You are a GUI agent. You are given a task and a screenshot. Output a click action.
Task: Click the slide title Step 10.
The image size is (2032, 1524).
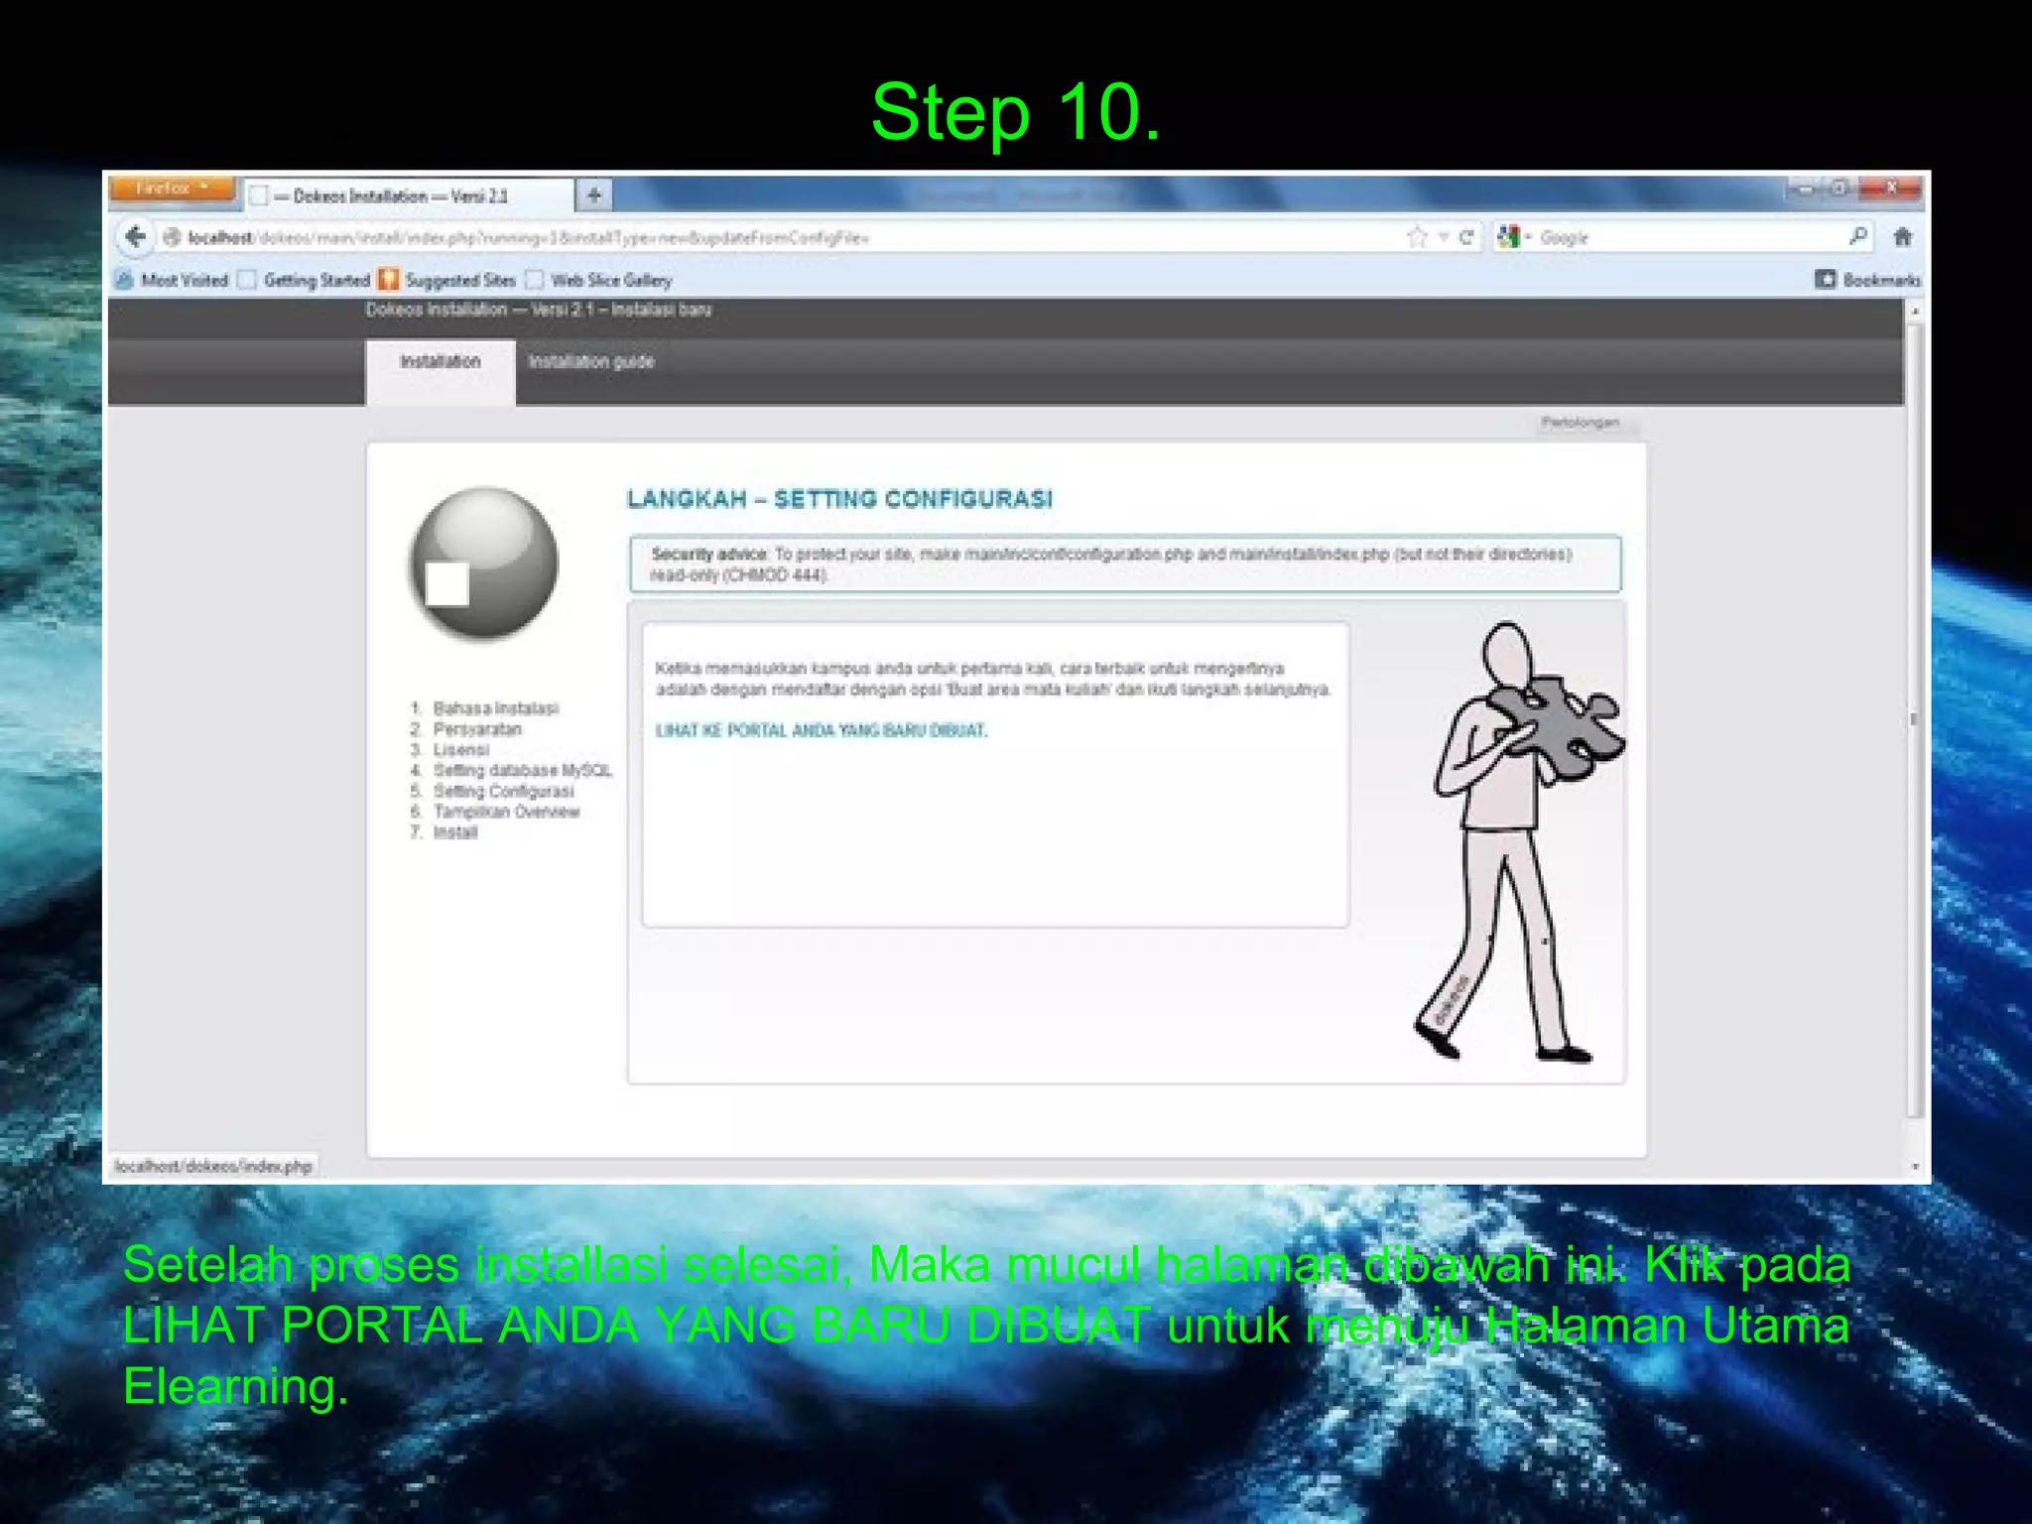(x=1015, y=112)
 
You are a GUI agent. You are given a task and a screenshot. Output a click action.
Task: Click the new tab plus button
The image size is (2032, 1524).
(x=594, y=194)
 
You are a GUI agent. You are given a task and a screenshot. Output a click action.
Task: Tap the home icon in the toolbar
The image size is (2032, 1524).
(x=1902, y=237)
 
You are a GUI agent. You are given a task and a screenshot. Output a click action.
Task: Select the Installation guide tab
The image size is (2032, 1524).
(x=591, y=362)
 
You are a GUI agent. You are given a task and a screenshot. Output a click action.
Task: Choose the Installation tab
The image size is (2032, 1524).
(x=440, y=362)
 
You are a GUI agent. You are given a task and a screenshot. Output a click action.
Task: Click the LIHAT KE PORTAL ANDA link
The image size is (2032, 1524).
(x=822, y=731)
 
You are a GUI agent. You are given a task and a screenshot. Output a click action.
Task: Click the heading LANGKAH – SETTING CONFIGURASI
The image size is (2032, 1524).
(x=839, y=499)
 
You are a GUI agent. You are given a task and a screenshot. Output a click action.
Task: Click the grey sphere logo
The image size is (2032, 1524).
(x=484, y=563)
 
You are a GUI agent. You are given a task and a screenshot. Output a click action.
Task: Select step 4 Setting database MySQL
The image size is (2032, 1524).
(x=522, y=771)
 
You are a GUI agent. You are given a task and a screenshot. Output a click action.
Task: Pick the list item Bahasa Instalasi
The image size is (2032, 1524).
(x=495, y=708)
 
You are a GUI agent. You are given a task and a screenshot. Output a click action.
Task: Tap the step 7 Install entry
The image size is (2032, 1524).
(x=454, y=832)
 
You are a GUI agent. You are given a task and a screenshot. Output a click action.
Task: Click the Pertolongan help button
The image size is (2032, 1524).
(x=1580, y=423)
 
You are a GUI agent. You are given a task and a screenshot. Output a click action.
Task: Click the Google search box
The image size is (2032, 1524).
(x=1687, y=238)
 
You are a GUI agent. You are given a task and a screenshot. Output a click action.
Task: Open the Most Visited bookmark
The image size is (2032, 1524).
(x=184, y=281)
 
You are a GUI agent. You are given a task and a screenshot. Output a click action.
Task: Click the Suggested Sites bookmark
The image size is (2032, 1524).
(x=459, y=281)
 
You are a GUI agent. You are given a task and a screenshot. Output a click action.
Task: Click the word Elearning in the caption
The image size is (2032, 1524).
(x=235, y=1386)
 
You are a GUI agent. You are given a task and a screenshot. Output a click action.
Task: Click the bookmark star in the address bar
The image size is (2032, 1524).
(x=1417, y=237)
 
